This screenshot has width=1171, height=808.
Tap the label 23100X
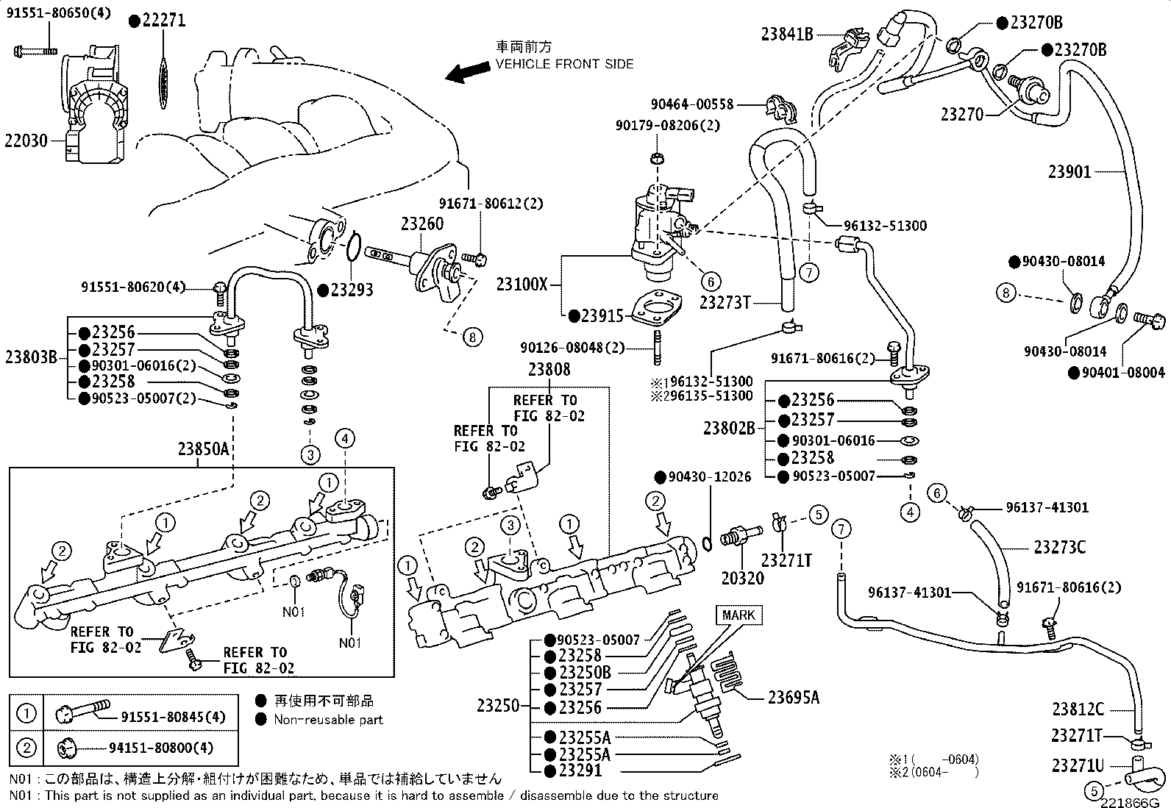[522, 284]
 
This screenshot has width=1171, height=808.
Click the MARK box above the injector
[738, 615]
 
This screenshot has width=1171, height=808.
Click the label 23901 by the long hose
[1069, 171]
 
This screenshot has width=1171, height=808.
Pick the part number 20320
[742, 578]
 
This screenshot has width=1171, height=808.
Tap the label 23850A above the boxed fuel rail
[204, 448]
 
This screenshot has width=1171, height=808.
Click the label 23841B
[787, 33]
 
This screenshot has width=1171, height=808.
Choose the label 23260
[422, 224]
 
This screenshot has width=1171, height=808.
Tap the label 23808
[549, 370]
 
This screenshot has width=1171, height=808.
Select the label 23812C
[1078, 709]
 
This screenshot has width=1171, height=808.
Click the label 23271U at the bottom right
[1078, 765]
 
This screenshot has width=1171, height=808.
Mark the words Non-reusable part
[328, 720]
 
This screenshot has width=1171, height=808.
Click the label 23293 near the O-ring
[352, 290]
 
